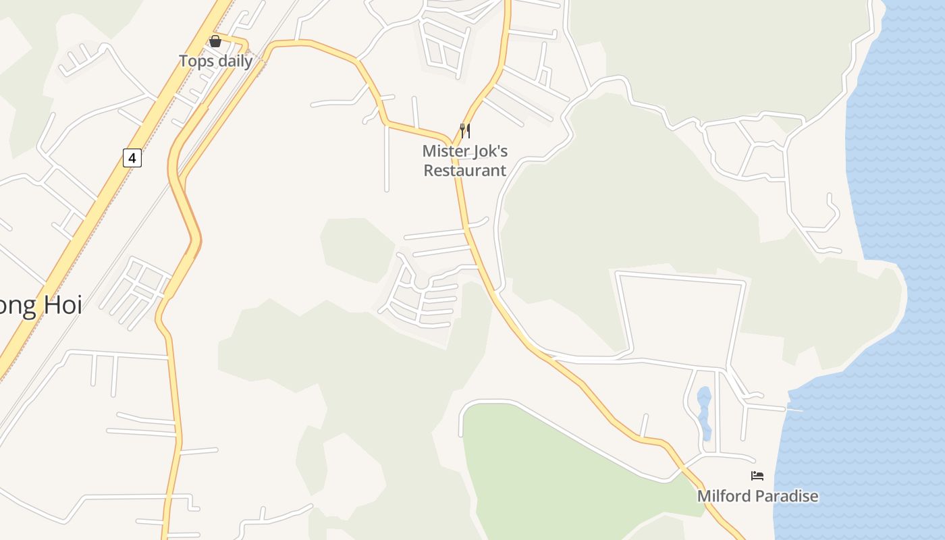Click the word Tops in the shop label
point(194,61)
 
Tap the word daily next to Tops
point(232,61)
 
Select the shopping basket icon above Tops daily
point(215,41)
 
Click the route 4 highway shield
point(132,159)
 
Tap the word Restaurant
point(464,171)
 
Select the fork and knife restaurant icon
point(464,130)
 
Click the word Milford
point(724,497)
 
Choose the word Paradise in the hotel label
point(786,497)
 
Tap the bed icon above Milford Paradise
point(757,476)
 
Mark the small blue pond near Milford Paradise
point(704,412)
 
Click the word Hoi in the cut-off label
point(62,305)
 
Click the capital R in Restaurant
point(429,171)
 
